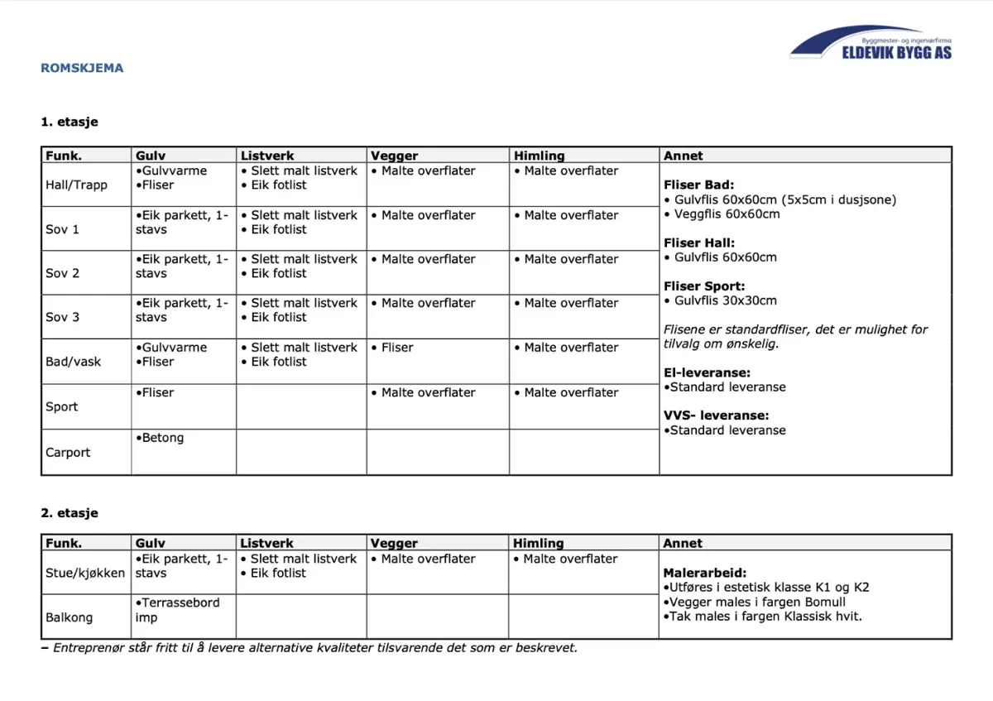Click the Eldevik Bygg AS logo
coord(871,42)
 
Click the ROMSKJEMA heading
coord(82,68)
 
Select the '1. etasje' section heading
coord(70,122)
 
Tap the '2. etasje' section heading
coord(70,513)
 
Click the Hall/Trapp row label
coord(76,185)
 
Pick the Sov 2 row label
coord(63,273)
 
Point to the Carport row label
coord(68,452)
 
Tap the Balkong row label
coord(70,617)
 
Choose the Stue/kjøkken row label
coord(85,573)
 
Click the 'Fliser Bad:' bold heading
coord(699,185)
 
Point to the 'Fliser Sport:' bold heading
coord(704,286)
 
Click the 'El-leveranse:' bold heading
coord(708,372)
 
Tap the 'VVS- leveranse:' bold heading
coord(717,415)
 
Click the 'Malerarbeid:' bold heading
coord(705,573)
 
